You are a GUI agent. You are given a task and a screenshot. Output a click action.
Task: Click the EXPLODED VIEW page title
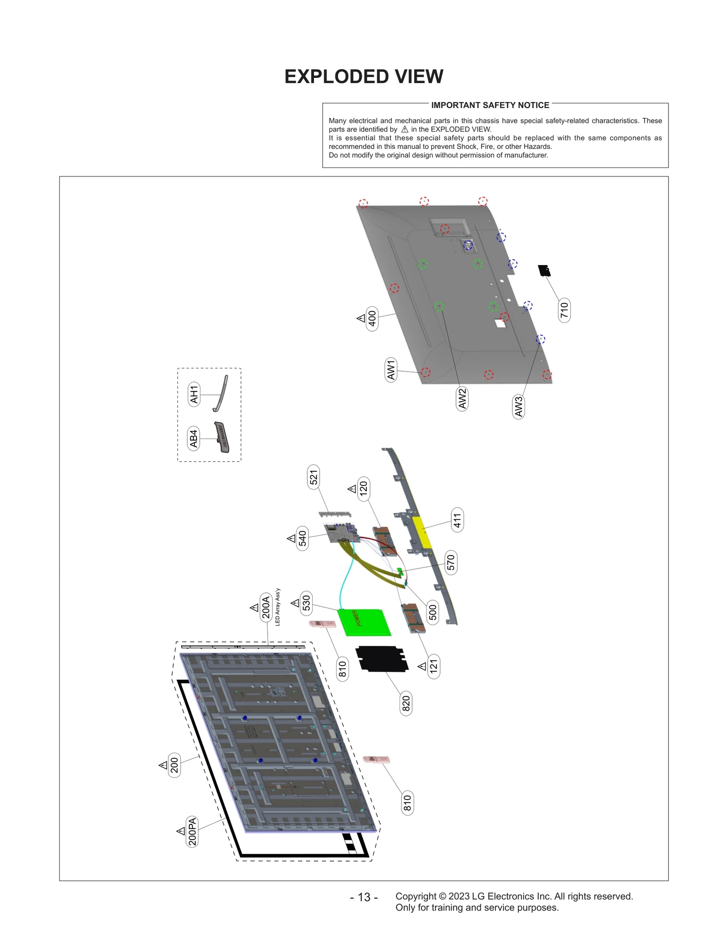pyautogui.click(x=364, y=77)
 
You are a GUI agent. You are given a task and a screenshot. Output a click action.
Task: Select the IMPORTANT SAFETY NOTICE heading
pyautogui.click(x=490, y=105)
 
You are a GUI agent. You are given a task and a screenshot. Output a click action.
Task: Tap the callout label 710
pyautogui.click(x=564, y=310)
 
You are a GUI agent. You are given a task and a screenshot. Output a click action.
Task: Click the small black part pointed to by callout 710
pyautogui.click(x=544, y=270)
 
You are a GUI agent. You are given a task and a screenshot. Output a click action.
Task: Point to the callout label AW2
pyautogui.click(x=462, y=398)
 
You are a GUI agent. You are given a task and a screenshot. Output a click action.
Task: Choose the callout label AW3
pyautogui.click(x=518, y=407)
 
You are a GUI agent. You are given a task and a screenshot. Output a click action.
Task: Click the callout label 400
pyautogui.click(x=372, y=318)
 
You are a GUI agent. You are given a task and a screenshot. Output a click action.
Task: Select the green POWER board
pyautogui.click(x=364, y=622)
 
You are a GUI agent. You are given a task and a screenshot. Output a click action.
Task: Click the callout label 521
pyautogui.click(x=313, y=477)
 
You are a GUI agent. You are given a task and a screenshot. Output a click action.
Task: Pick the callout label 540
pyautogui.click(x=302, y=538)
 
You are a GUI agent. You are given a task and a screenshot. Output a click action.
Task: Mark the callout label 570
pyautogui.click(x=450, y=562)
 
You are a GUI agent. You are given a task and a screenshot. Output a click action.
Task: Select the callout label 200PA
pyautogui.click(x=192, y=832)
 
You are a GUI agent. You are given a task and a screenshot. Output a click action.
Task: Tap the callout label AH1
pyautogui.click(x=194, y=394)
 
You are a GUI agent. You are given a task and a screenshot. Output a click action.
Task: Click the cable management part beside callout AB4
pyautogui.click(x=222, y=437)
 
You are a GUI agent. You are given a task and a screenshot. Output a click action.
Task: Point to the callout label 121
pyautogui.click(x=434, y=666)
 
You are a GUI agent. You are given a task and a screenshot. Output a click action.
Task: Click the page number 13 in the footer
pyautogui.click(x=364, y=897)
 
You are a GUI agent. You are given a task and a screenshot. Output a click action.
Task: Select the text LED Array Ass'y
pyautogui.click(x=278, y=607)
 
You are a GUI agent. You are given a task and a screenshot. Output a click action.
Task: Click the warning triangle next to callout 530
pyautogui.click(x=295, y=603)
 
